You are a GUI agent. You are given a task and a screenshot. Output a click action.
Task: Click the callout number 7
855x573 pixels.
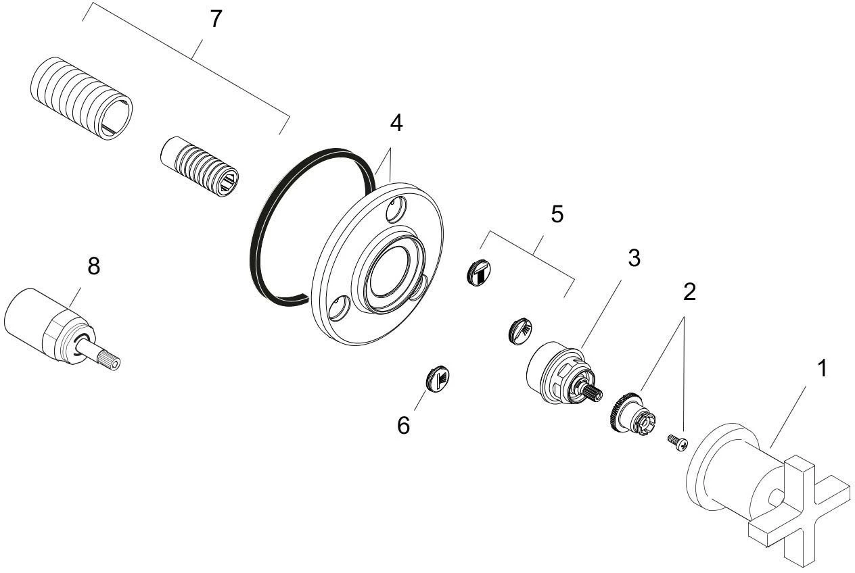pyautogui.click(x=216, y=19)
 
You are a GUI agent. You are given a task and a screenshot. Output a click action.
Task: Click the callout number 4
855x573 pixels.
pyautogui.click(x=396, y=123)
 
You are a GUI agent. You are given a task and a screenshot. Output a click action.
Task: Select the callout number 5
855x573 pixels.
pyautogui.click(x=557, y=214)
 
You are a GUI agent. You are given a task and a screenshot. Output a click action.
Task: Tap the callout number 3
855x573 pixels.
pyautogui.click(x=634, y=258)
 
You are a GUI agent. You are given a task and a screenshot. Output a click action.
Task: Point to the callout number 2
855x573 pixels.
pyautogui.click(x=689, y=293)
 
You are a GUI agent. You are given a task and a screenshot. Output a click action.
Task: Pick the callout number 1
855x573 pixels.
pyautogui.click(x=822, y=368)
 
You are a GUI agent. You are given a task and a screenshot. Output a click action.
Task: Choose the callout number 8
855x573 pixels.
pyautogui.click(x=94, y=266)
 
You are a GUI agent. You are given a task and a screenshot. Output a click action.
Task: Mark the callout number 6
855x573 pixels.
pyautogui.click(x=403, y=425)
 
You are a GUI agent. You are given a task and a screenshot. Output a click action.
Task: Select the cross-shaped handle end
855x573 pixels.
pyautogui.click(x=800, y=507)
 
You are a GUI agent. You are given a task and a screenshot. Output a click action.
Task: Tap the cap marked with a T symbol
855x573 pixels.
pyautogui.click(x=479, y=272)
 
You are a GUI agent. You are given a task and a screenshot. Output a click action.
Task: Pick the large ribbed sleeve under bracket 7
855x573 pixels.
pyautogui.click(x=81, y=99)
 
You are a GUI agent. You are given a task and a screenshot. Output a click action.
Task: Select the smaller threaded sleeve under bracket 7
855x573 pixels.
pyautogui.click(x=199, y=167)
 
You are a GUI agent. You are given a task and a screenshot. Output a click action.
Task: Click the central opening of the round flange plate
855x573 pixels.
pyautogui.click(x=389, y=271)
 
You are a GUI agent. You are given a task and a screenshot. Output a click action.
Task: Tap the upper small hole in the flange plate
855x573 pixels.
pyautogui.click(x=396, y=209)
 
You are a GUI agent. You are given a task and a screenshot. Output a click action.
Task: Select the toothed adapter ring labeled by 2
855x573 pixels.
pyautogui.click(x=630, y=414)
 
